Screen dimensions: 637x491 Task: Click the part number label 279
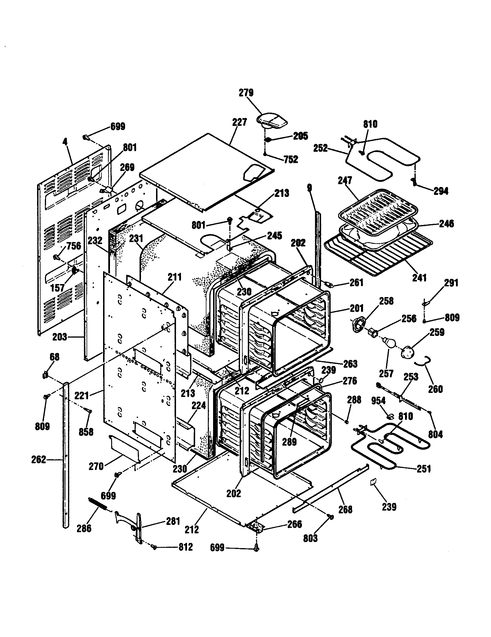tap(246, 93)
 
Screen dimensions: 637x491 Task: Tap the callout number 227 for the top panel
tap(239, 122)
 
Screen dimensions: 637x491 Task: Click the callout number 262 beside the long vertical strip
tap(39, 460)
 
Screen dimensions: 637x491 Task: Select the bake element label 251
tap(424, 469)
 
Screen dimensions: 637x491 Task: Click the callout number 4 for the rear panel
tap(65, 142)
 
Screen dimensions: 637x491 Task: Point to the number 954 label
tap(378, 401)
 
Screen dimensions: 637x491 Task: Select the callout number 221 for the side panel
tap(82, 396)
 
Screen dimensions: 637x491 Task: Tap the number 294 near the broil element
tap(441, 191)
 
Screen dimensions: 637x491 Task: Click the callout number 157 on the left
tap(57, 288)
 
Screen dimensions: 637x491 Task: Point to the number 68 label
tap(54, 357)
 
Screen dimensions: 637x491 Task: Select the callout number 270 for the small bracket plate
tap(96, 467)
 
